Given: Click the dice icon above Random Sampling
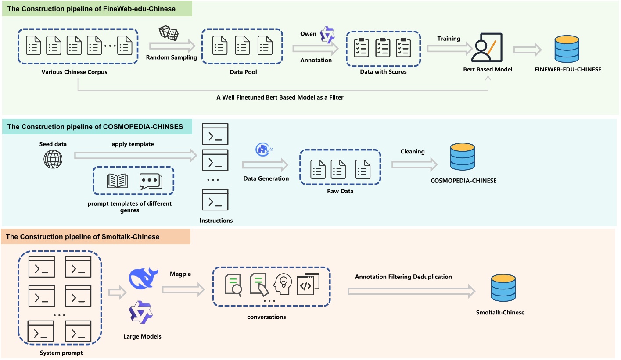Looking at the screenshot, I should tap(168, 33).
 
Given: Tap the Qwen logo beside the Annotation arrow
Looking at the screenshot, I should tap(327, 35).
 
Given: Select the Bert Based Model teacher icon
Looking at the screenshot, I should tap(487, 47).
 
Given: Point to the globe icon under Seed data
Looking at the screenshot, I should tap(53, 159).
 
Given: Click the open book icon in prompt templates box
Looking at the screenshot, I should tap(117, 181).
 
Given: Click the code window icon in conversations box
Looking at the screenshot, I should tap(308, 285).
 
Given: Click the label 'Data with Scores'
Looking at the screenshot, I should tap(383, 71).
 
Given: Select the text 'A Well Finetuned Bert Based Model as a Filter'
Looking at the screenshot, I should tap(280, 97).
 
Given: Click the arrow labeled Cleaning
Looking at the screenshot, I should tap(414, 164).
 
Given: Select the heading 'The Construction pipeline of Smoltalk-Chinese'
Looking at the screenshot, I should tap(83, 237).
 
